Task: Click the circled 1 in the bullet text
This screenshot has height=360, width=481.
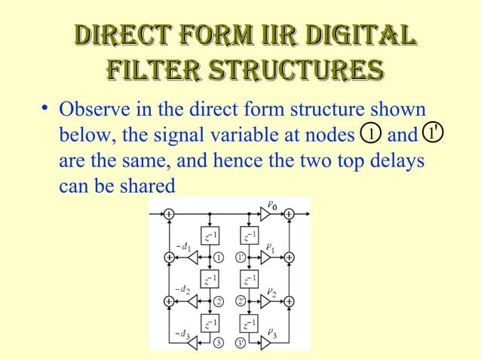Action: point(369,134)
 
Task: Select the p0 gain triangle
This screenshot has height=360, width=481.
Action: point(265,214)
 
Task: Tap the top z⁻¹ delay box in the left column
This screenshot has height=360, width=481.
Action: point(210,236)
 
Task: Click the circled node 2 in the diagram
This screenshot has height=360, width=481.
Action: point(219,301)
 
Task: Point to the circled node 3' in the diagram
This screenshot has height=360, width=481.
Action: point(241,344)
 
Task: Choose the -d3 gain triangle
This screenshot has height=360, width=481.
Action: point(195,344)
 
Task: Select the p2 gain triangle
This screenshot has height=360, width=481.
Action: point(266,301)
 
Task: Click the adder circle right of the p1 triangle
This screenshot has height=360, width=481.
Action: point(289,258)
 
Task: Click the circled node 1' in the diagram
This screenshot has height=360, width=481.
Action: point(241,258)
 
